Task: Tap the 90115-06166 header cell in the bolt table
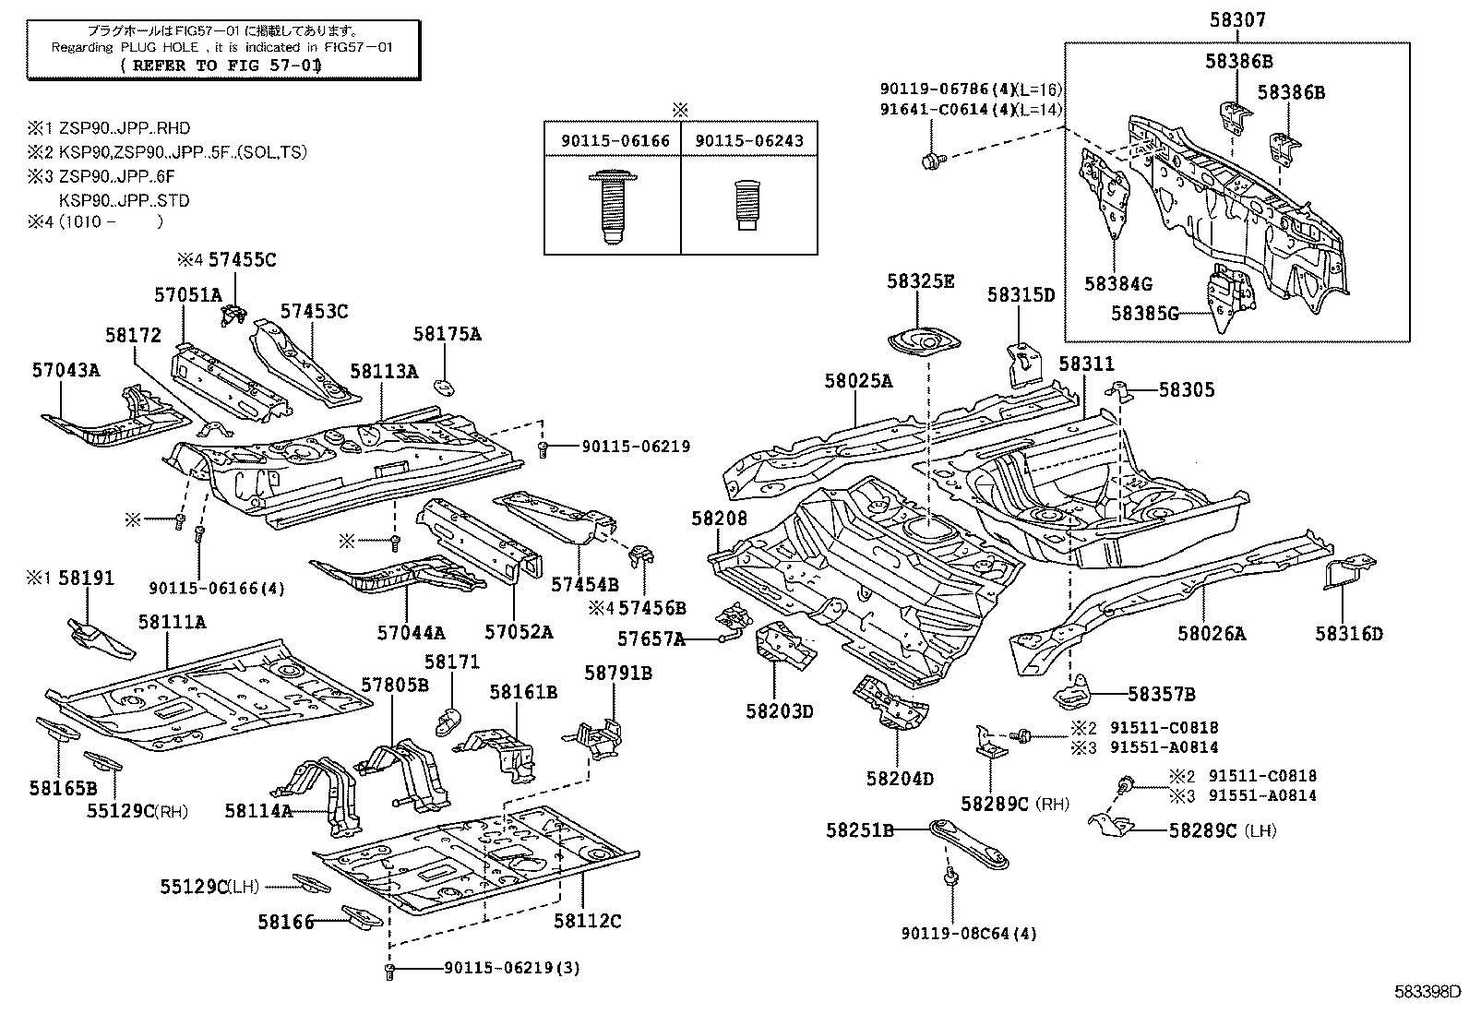coord(613,140)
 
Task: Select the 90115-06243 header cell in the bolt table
coord(748,140)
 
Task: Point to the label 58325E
coord(921,280)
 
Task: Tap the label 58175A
coord(447,334)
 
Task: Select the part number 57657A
coord(651,638)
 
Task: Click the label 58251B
coord(859,830)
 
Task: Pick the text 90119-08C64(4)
coord(969,933)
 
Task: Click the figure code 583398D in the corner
coord(1427,992)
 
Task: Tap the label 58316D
coord(1349,633)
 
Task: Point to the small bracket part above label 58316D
coord(1350,571)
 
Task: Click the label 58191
coord(86,579)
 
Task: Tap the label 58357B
coord(1161,694)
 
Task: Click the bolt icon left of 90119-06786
coord(930,161)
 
